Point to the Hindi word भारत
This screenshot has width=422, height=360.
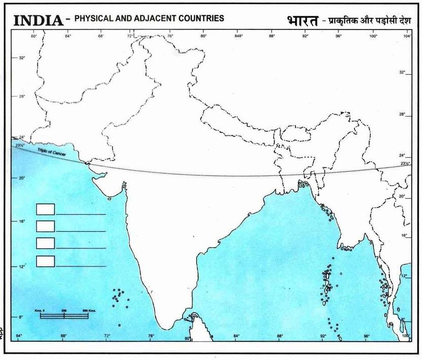click(x=301, y=21)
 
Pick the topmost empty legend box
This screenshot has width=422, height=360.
click(x=45, y=209)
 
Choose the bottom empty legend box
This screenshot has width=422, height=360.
click(x=45, y=261)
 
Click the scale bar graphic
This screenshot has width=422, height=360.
click(x=64, y=315)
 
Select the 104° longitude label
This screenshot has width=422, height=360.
click(x=407, y=36)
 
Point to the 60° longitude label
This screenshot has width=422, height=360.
click(x=34, y=36)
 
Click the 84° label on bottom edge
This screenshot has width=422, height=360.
click(x=236, y=336)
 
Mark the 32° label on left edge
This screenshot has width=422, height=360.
click(x=22, y=58)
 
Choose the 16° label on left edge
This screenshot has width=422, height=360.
click(x=22, y=221)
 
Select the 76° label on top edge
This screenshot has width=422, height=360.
click(x=170, y=36)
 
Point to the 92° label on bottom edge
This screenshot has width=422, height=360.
click(x=323, y=336)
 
